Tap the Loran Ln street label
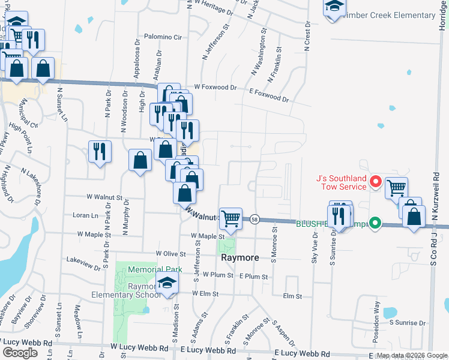click(x=85, y=215)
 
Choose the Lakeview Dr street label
click(x=83, y=262)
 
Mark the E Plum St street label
click(x=253, y=277)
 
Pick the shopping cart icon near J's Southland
click(x=396, y=188)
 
